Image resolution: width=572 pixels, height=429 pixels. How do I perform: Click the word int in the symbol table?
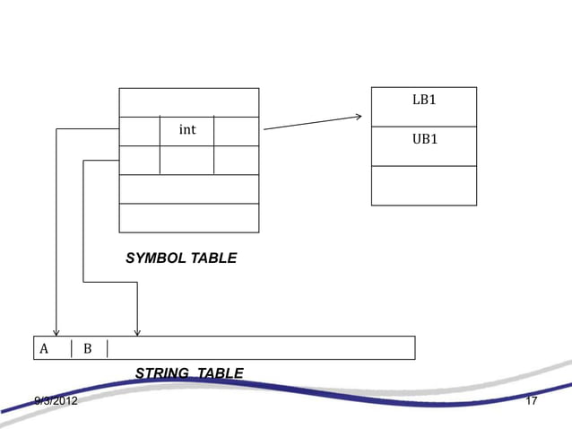[x=186, y=130]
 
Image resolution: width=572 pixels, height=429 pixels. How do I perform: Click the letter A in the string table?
[x=44, y=348]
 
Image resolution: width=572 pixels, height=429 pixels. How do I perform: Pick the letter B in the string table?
[x=88, y=348]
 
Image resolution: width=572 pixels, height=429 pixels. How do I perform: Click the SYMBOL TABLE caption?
[x=181, y=258]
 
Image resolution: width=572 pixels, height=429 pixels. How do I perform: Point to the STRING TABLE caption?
[x=188, y=373]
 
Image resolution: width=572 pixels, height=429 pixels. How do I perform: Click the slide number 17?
[x=531, y=400]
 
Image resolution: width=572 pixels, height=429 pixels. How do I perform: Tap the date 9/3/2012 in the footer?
[x=56, y=400]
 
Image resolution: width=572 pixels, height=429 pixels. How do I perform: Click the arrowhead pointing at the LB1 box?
[x=358, y=117]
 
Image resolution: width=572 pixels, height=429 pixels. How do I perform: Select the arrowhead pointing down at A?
[x=56, y=332]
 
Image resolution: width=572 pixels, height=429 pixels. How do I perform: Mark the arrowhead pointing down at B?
[x=137, y=332]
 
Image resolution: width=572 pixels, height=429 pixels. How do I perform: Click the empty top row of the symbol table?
[x=188, y=102]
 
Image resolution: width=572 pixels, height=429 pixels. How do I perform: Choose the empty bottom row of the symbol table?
[x=188, y=218]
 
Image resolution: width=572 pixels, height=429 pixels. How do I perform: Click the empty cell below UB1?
[x=424, y=186]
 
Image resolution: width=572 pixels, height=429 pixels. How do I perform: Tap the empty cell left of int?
[x=139, y=131]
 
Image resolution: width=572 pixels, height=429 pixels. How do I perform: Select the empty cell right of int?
[x=237, y=131]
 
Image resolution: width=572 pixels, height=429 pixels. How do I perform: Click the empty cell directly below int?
[x=186, y=160]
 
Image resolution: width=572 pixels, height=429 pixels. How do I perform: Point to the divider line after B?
[x=108, y=348]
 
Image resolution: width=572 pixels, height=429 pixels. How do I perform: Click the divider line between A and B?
[x=72, y=348]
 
